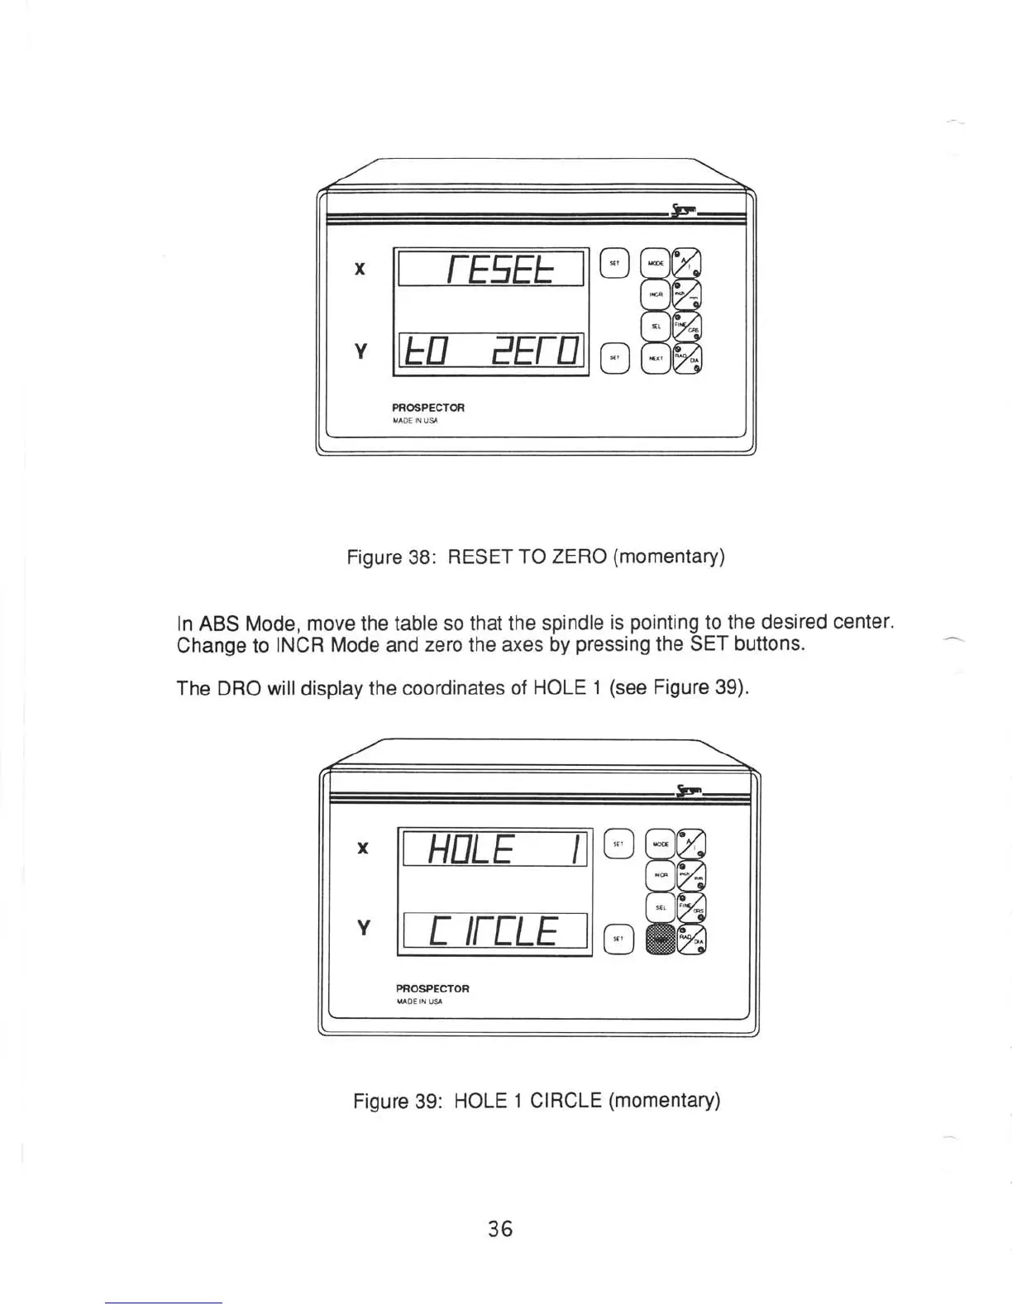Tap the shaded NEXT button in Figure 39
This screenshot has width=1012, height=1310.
point(661,939)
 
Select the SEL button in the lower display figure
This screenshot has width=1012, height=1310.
point(661,908)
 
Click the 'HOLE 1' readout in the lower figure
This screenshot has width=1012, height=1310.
point(494,848)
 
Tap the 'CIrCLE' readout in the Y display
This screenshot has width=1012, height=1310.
point(494,933)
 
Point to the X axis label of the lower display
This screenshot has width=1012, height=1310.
point(362,848)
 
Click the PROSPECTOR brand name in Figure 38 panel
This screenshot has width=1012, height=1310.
point(428,408)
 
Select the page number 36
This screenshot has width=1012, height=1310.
point(500,1229)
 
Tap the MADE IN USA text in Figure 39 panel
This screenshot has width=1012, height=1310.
point(419,1002)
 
